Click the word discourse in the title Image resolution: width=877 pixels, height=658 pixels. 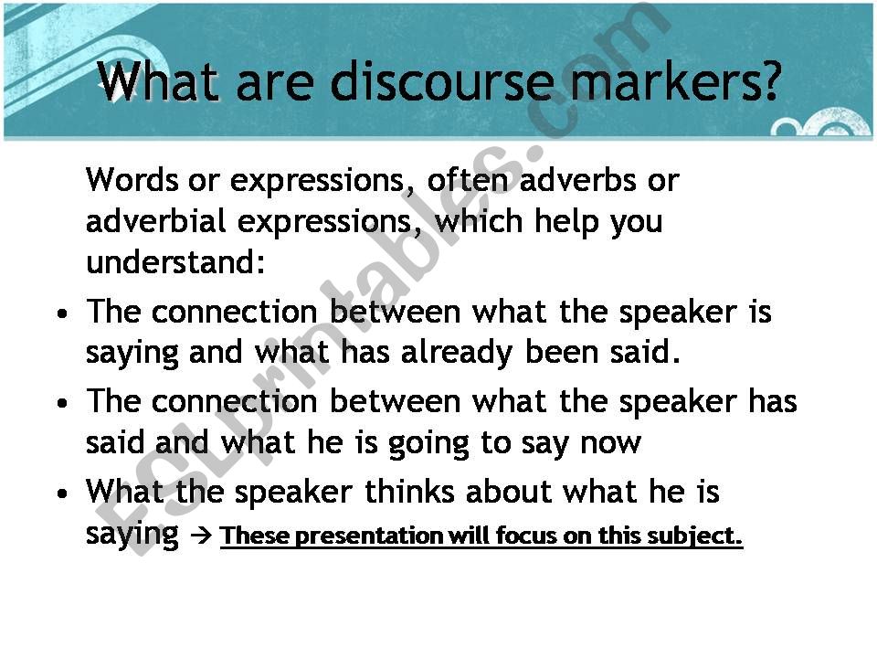(x=440, y=81)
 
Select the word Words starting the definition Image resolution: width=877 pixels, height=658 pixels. (x=132, y=180)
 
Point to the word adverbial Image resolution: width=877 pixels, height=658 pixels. (x=155, y=221)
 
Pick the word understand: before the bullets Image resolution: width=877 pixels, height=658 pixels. (x=175, y=262)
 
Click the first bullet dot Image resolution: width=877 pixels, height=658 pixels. (x=63, y=313)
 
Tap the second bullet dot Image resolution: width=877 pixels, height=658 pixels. (x=63, y=403)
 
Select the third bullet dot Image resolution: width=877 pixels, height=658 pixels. (x=63, y=493)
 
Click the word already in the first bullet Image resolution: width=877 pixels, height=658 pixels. (x=457, y=354)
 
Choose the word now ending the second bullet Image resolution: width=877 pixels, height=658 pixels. (x=610, y=444)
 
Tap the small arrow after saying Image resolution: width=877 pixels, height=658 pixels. (x=201, y=536)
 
